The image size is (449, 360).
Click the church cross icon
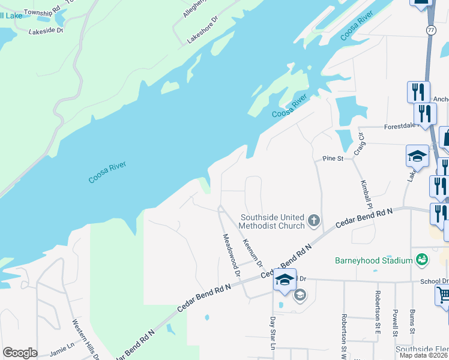tap(313, 221)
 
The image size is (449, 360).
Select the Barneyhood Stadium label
tap(373, 260)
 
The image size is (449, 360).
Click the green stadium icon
tap(423, 259)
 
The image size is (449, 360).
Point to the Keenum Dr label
tap(252, 253)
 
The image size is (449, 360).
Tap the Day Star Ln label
tap(272, 334)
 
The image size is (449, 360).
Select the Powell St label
tap(395, 322)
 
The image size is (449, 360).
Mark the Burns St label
tap(412, 321)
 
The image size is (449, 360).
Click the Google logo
tap(20, 353)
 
